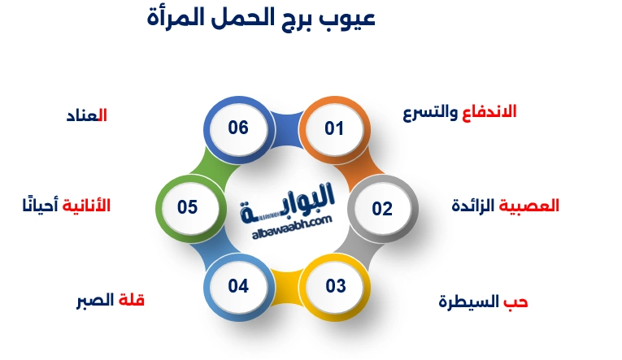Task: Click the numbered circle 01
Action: click(x=334, y=128)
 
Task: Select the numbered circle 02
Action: click(x=382, y=208)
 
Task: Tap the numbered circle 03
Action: click(x=335, y=286)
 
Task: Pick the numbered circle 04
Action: click(x=237, y=286)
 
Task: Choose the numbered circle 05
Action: click(x=188, y=207)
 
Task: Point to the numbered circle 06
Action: click(x=237, y=128)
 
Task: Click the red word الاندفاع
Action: click(x=489, y=111)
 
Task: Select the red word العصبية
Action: click(x=528, y=206)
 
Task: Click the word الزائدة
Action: click(x=473, y=206)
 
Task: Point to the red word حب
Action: click(x=516, y=302)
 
